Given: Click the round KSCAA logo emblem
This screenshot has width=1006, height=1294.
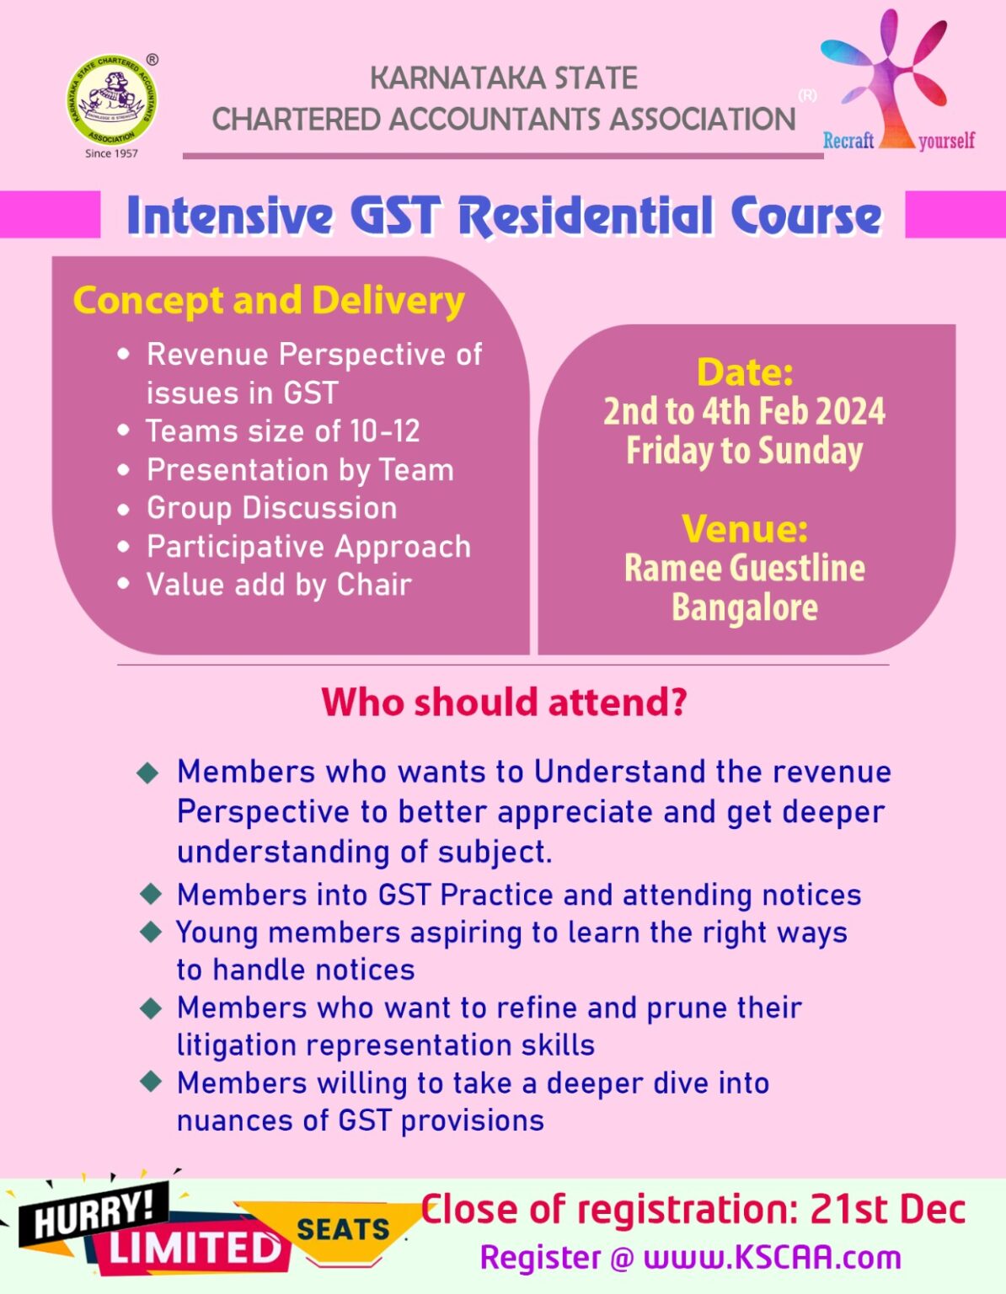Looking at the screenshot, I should tap(111, 100).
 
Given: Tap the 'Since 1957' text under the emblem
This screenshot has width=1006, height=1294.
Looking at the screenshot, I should tap(111, 153).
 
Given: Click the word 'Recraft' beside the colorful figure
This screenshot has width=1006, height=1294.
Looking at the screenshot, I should tap(848, 141).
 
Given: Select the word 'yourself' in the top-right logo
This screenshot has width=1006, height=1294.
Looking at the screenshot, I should tap(946, 141).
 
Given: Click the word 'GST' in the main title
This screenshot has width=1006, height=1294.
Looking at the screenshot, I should tap(394, 216).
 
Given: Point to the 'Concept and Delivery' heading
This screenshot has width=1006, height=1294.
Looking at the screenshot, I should tap(269, 301).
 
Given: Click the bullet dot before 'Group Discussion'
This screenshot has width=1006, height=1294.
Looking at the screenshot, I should tap(124, 509).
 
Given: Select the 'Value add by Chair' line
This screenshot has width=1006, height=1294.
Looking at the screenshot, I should tap(279, 585).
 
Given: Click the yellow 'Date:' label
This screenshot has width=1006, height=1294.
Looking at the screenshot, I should tap(745, 372).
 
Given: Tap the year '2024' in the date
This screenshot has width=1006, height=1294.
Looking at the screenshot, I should tap(850, 412).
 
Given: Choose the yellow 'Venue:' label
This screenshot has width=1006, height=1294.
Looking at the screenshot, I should tap(745, 529).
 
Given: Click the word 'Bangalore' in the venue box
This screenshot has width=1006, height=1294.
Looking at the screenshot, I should tap(745, 607).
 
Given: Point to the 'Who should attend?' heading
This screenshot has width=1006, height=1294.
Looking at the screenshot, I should tap(504, 702).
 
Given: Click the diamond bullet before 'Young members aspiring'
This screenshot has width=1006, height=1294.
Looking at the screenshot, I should tap(152, 932).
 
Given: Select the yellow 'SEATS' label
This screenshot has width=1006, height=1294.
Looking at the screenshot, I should tap(343, 1229).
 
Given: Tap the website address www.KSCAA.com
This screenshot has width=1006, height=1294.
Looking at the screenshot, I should tap(772, 1257).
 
